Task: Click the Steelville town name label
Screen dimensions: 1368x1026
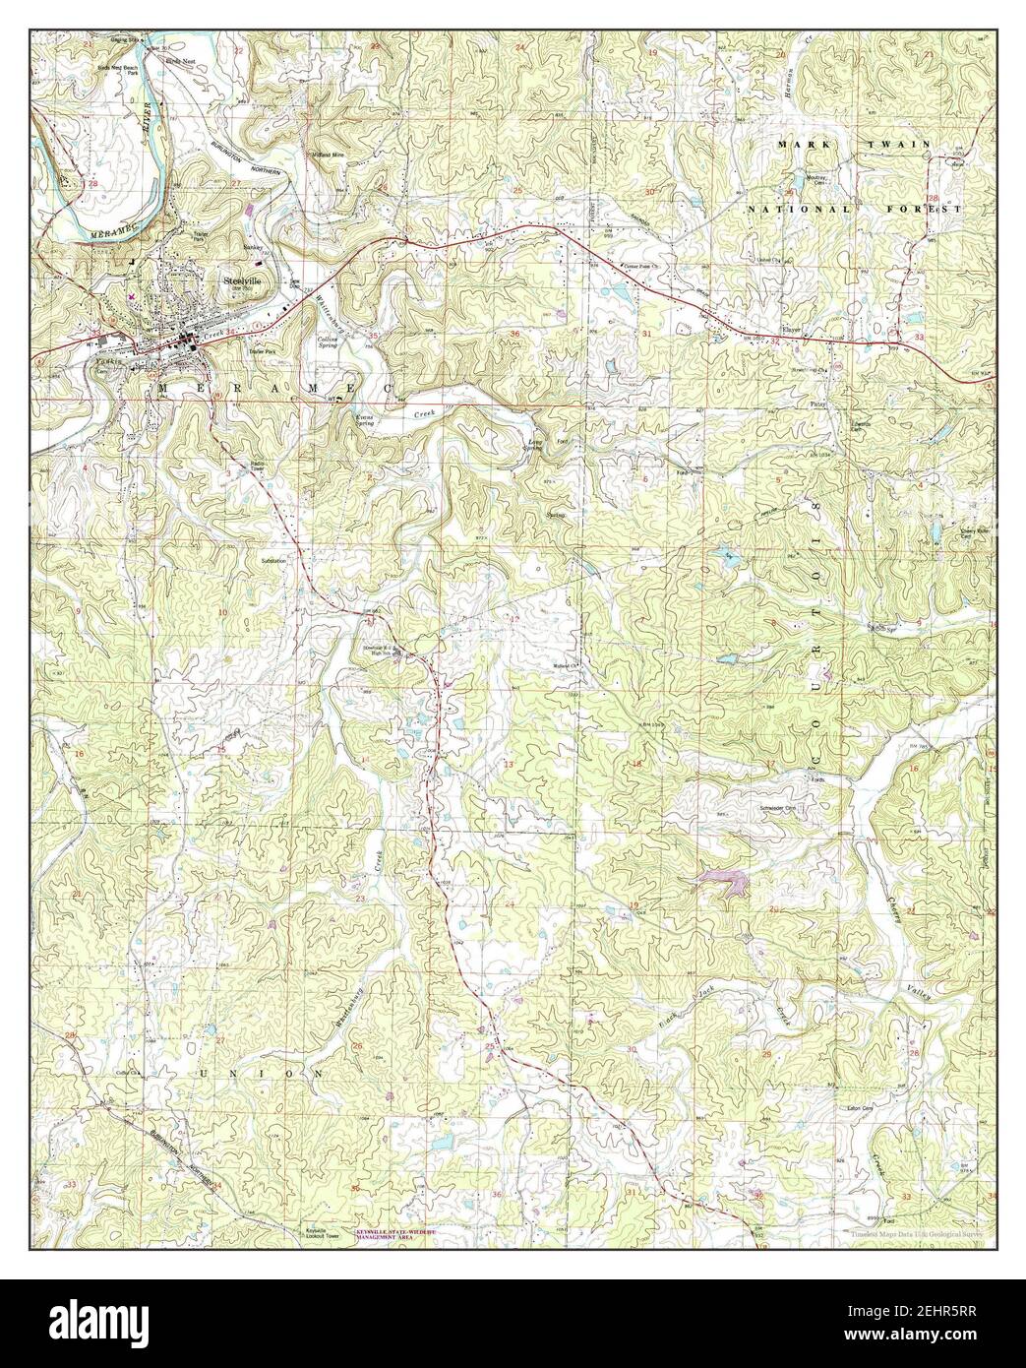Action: click(240, 280)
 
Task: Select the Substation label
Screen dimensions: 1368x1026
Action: click(274, 561)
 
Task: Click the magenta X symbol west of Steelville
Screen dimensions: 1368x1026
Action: click(132, 294)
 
